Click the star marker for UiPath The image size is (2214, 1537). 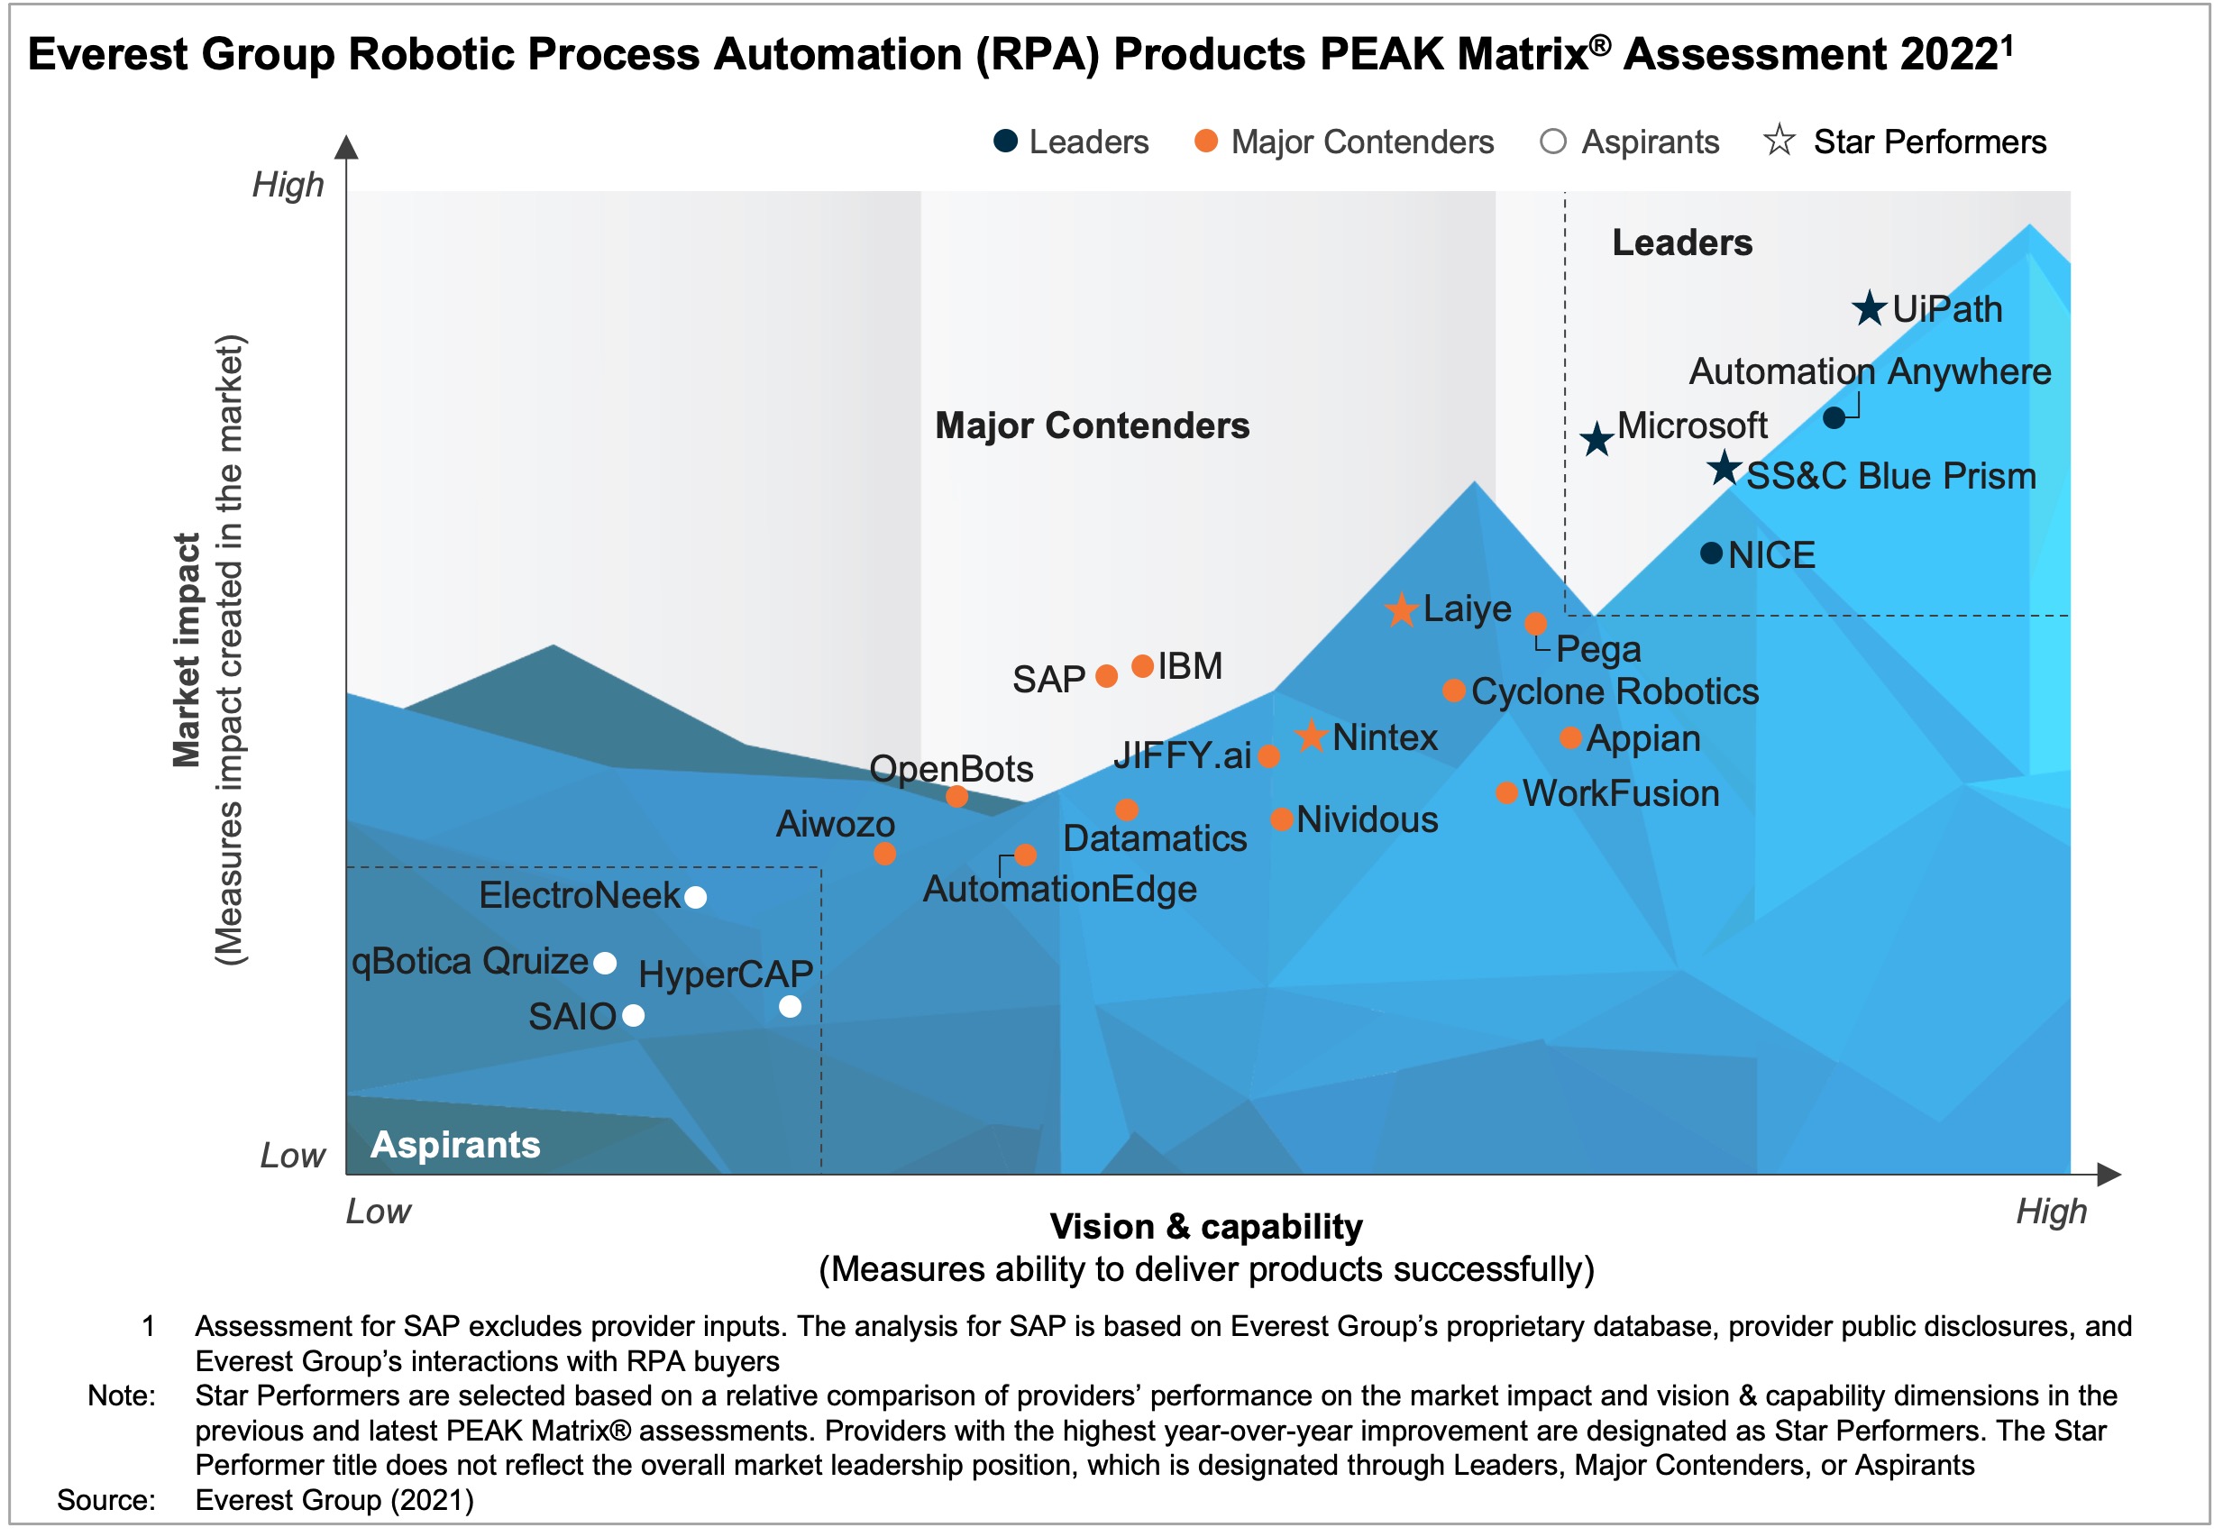tap(1867, 309)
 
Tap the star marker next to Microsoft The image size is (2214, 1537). tap(1596, 440)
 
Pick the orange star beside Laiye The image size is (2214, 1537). tap(1400, 609)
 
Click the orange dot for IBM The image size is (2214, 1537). tap(1141, 666)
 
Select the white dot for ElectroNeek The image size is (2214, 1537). tap(694, 898)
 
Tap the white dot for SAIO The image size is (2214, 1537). tap(633, 1015)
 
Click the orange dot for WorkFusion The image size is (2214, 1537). tap(1506, 793)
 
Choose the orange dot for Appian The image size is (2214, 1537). tap(1569, 738)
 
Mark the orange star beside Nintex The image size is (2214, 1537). tap(1310, 736)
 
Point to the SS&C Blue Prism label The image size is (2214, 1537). tap(1889, 477)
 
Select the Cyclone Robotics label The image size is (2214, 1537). tap(1614, 692)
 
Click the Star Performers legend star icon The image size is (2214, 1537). tap(1778, 142)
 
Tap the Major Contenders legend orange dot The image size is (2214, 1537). tap(1204, 142)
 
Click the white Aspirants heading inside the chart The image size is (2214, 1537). tap(454, 1145)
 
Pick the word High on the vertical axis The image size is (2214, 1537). tap(288, 185)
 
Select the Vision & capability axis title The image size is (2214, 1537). tap(1205, 1227)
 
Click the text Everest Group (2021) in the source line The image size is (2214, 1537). tap(334, 1500)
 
